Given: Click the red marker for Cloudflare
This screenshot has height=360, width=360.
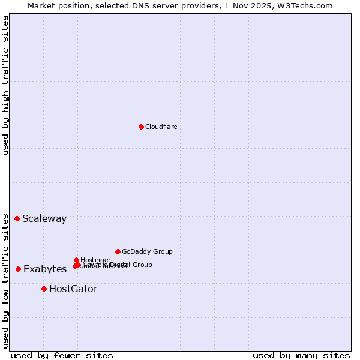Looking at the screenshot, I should pyautogui.click(x=141, y=127).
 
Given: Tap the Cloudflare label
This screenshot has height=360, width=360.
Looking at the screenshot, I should pyautogui.click(x=161, y=127).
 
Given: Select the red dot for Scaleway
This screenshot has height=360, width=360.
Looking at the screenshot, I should pyautogui.click(x=17, y=218).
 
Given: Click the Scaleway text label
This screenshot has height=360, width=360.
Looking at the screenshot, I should pyautogui.click(x=44, y=219).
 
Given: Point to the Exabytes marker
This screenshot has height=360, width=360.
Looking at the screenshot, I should pyautogui.click(x=18, y=269).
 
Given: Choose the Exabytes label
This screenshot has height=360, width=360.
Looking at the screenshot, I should pyautogui.click(x=45, y=269).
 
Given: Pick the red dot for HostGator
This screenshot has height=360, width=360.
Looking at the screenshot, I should pyautogui.click(x=44, y=289).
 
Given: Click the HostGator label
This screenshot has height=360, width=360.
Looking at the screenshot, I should pyautogui.click(x=73, y=289).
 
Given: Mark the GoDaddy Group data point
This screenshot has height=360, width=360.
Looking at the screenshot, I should pyautogui.click(x=118, y=251).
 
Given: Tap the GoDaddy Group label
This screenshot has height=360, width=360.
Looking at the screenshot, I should pyautogui.click(x=147, y=252).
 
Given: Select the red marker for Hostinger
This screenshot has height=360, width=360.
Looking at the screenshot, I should pyautogui.click(x=76, y=260).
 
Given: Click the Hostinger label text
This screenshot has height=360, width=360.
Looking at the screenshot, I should pyautogui.click(x=95, y=260).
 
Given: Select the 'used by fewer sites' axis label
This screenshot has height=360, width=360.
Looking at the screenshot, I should pyautogui.click(x=62, y=356).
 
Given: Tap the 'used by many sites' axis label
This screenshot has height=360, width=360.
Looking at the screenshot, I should pyautogui.click(x=301, y=356).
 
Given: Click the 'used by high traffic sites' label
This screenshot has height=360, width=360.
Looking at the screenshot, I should pyautogui.click(x=6, y=85).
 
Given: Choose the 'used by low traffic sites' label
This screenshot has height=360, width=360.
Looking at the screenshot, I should pyautogui.click(x=6, y=280).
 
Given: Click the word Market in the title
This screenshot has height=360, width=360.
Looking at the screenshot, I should pyautogui.click(x=44, y=5).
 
